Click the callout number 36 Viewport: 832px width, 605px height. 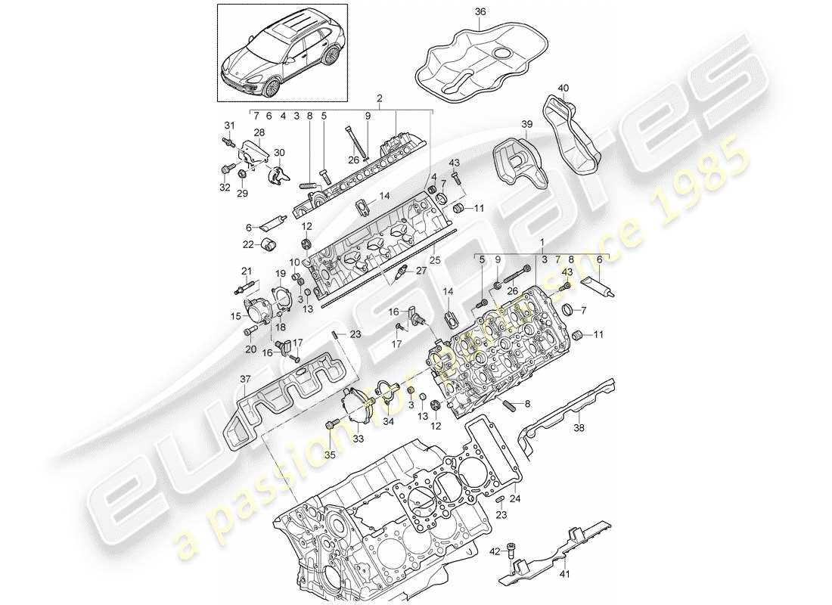(481, 11)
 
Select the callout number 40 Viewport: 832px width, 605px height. (563, 88)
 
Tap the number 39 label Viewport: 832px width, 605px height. (526, 123)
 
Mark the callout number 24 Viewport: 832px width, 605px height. (515, 498)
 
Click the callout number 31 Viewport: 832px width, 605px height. (229, 125)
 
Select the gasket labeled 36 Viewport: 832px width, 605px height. (480, 60)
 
